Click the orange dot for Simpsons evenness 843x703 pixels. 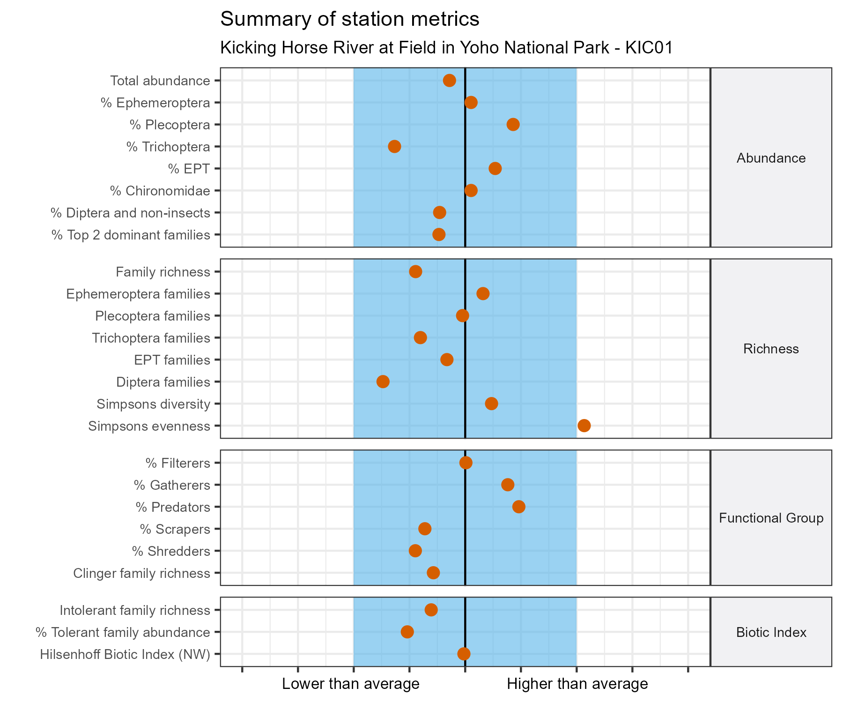tap(584, 426)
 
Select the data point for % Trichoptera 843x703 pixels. tap(394, 147)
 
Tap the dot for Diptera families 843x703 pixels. tap(383, 381)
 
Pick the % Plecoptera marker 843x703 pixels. tap(513, 124)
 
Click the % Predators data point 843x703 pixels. tap(518, 507)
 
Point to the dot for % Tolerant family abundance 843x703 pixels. tap(407, 632)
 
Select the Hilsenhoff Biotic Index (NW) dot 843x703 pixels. tap(464, 654)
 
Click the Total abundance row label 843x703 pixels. tap(160, 81)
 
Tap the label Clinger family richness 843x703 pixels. tap(141, 573)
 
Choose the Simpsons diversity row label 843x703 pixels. tap(153, 404)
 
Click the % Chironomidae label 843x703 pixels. tap(160, 191)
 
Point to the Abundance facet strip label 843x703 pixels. tap(771, 158)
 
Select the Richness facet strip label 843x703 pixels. tap(771, 349)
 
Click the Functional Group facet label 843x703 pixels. tap(771, 518)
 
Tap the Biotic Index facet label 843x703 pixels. tap(771, 633)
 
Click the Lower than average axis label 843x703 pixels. tap(350, 684)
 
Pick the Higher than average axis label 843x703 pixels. tap(577, 684)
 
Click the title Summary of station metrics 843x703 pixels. tap(349, 19)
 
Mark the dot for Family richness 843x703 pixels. tap(415, 272)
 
